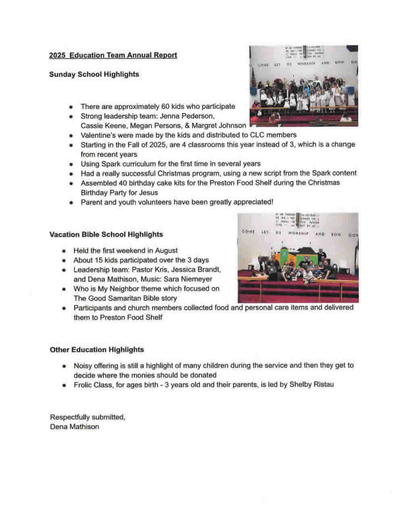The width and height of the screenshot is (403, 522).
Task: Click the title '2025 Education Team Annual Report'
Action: pos(113,55)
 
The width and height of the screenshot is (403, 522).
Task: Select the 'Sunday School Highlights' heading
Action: pos(94,74)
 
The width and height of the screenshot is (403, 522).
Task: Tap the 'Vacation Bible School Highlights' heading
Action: pos(106,234)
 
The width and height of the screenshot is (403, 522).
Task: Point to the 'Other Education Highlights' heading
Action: pos(97,350)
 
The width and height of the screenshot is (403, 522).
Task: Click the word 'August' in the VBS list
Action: pos(166,251)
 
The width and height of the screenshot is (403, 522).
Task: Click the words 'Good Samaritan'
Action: pos(111,299)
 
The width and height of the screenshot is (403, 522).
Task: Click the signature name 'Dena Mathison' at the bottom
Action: pos(75,427)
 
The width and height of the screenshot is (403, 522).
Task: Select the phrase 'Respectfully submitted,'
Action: pos(87,417)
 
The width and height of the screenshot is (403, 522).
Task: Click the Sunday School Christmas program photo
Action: pos(303,86)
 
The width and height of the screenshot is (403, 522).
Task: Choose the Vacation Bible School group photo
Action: pos(298,257)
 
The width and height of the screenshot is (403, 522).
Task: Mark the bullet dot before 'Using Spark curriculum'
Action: pos(71,164)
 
